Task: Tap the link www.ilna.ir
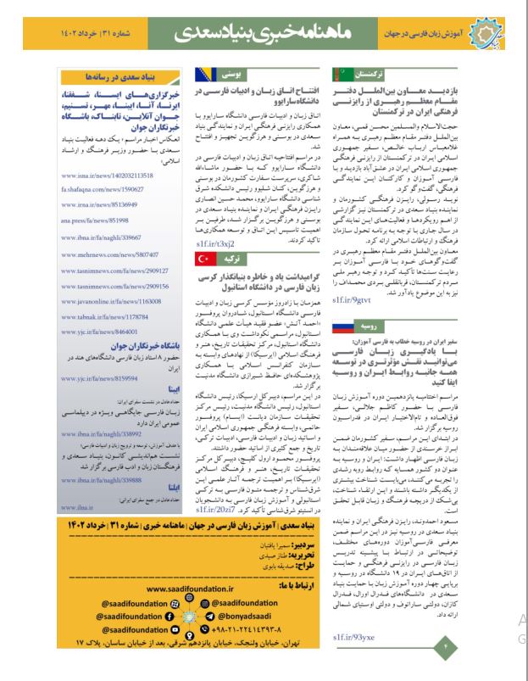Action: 79,484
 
